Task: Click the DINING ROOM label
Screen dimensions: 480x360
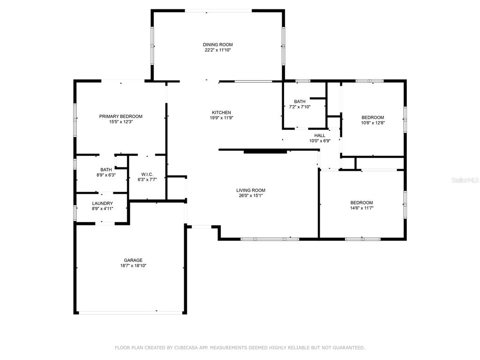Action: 217,45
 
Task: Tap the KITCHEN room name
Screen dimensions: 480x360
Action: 221,112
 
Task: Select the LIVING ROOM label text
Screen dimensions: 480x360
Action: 251,190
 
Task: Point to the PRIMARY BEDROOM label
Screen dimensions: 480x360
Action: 120,116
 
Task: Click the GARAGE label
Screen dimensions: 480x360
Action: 133,260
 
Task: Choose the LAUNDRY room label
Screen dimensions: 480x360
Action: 103,203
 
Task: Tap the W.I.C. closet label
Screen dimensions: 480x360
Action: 147,174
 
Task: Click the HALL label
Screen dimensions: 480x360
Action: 320,135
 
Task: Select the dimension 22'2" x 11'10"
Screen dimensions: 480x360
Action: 217,50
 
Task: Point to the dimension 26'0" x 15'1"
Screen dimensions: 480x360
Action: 251,195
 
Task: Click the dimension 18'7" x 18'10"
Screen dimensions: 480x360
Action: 133,266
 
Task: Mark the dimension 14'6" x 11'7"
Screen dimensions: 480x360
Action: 361,208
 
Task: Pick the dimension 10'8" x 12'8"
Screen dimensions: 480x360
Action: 373,123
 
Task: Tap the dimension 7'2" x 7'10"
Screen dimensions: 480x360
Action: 300,107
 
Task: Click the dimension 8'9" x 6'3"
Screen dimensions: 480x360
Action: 106,175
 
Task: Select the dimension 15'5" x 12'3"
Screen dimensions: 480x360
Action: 120,121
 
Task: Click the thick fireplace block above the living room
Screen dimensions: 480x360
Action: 265,151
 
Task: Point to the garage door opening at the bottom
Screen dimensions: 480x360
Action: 131,313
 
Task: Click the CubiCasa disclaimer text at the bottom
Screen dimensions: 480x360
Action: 240,347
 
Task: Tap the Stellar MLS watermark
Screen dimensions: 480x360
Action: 465,180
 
